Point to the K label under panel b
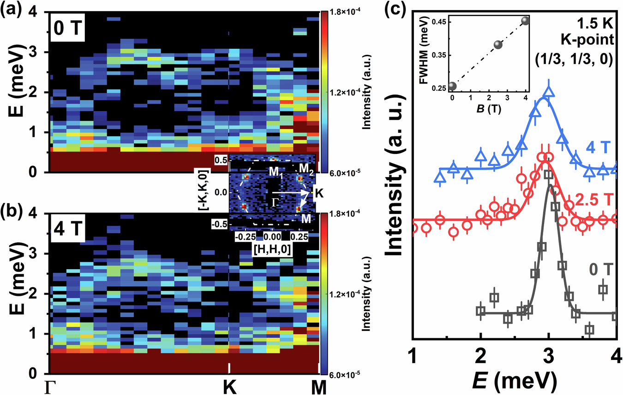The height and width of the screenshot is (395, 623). [229, 387]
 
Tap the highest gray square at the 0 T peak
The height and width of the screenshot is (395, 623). [548, 175]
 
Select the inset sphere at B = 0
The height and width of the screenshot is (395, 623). [452, 86]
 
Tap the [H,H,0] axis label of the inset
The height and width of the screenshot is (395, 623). [272, 249]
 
